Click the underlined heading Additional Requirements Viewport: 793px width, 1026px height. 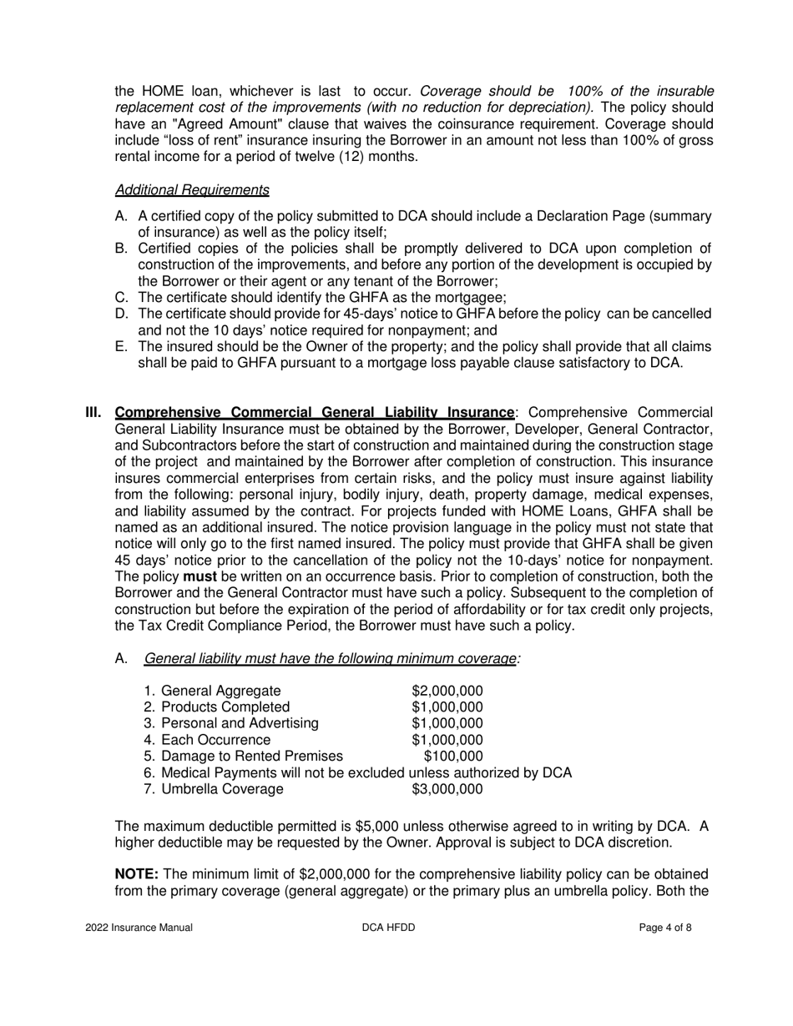tap(191, 189)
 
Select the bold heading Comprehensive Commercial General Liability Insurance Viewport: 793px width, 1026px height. tap(314, 412)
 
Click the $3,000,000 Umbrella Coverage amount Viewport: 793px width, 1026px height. tap(447, 788)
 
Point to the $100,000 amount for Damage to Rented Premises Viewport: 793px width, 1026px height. tap(453, 756)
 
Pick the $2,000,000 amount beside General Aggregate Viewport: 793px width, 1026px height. tap(447, 691)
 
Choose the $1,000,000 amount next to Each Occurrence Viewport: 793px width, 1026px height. tap(447, 740)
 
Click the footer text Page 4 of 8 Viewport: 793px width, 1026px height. tap(665, 928)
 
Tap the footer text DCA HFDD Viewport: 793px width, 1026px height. tap(389, 928)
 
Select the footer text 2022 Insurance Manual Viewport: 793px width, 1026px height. tap(139, 928)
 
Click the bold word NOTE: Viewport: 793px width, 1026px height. tap(136, 873)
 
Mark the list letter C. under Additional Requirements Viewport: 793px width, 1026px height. tap(121, 297)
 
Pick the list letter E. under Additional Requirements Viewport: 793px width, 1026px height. tap(121, 346)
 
